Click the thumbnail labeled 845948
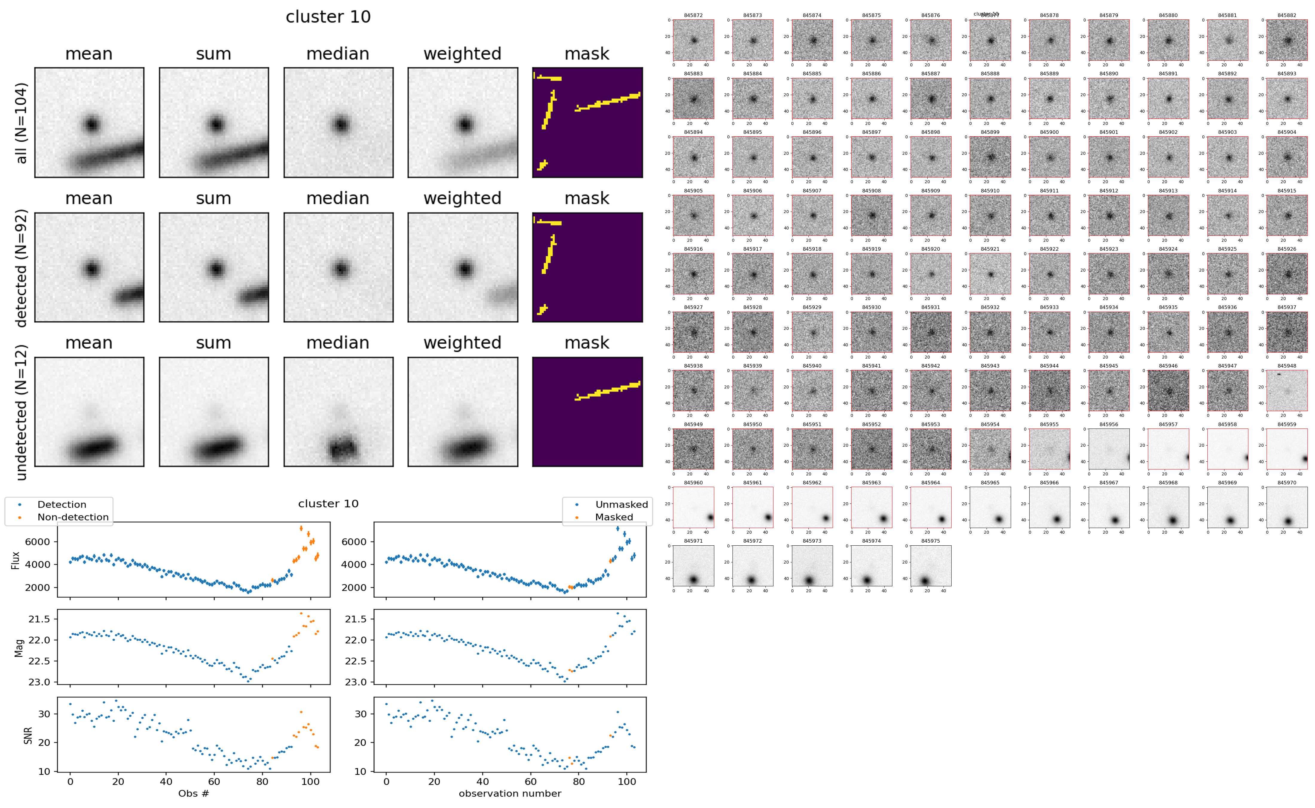tap(1287, 390)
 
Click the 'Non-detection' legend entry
tap(73, 517)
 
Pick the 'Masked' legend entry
tap(613, 517)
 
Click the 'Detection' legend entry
tap(62, 504)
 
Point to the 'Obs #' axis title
tap(193, 793)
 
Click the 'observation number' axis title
tap(510, 793)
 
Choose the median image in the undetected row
tap(338, 412)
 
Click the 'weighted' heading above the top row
tap(462, 54)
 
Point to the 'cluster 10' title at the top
tap(328, 17)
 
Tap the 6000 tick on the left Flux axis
tap(37, 542)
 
